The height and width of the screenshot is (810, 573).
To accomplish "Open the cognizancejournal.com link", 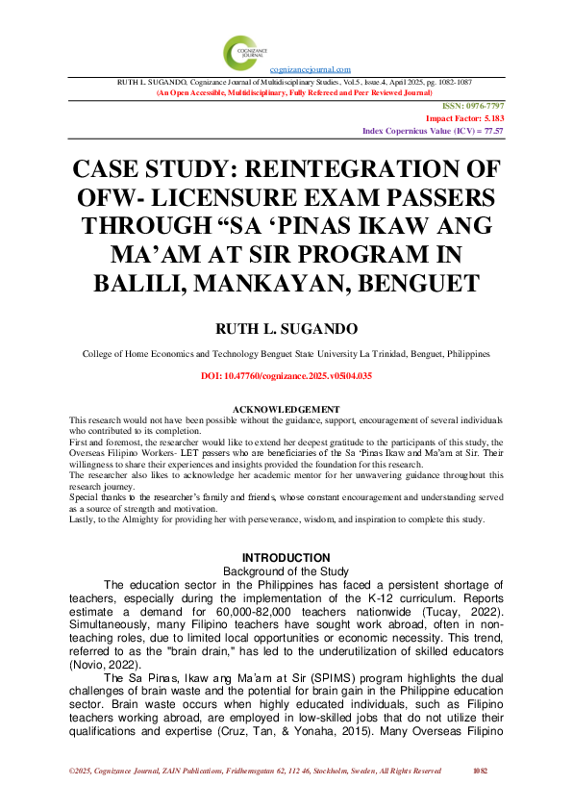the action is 310,70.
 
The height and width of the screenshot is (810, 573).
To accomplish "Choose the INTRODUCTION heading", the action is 286,558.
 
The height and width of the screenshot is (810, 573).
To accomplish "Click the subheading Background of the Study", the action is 286,571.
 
